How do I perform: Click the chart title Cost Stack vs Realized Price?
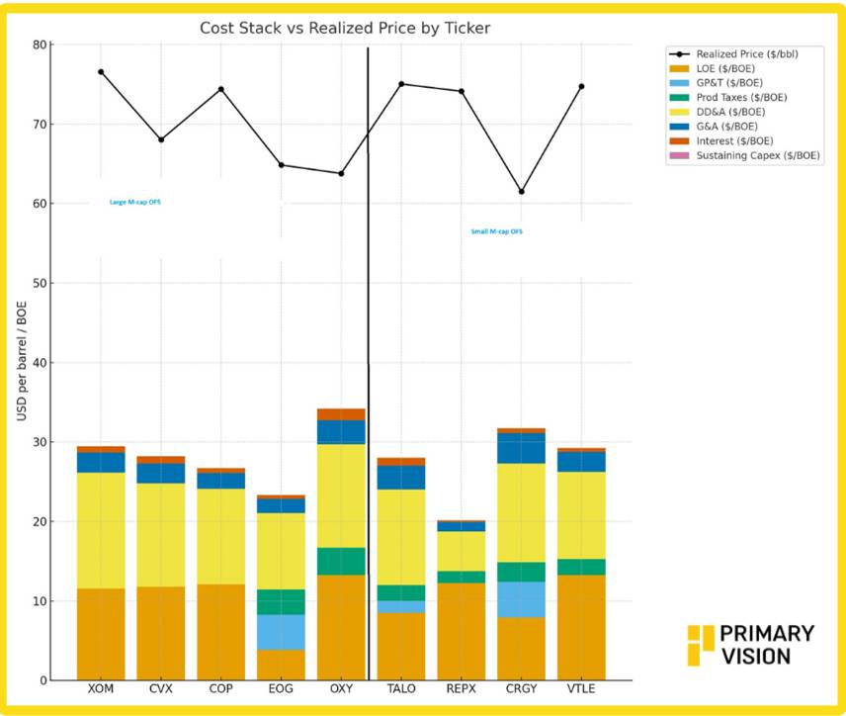(345, 29)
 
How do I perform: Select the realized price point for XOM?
(101, 72)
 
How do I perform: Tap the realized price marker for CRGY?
(521, 192)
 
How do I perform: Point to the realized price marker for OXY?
(341, 173)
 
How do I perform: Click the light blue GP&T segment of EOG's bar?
(281, 632)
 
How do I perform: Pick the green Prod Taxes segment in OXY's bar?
(341, 561)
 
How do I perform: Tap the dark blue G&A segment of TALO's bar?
(401, 477)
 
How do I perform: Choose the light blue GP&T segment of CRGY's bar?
(521, 599)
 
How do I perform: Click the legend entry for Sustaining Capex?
(758, 155)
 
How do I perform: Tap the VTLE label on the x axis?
(581, 689)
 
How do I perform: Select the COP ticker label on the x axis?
(220, 689)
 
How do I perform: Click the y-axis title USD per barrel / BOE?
(21, 363)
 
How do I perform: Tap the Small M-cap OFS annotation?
(496, 231)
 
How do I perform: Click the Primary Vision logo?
(752, 644)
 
